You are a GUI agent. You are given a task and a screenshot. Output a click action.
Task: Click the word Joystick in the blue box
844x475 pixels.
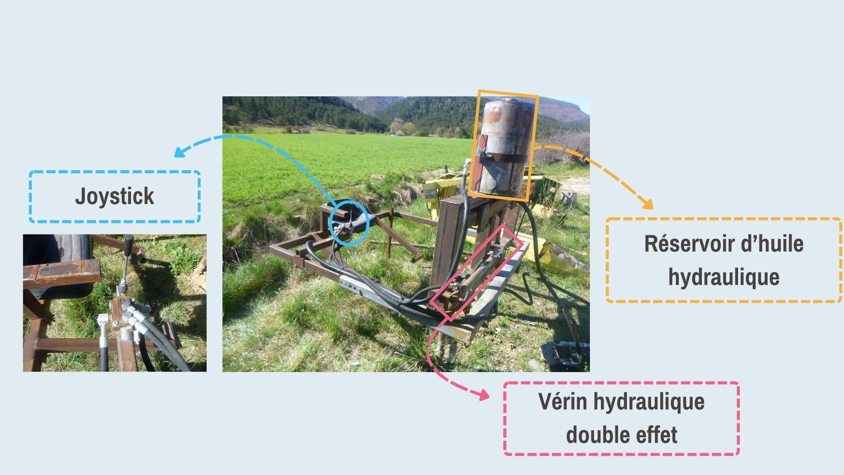point(114,196)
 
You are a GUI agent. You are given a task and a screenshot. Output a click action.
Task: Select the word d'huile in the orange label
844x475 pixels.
point(772,244)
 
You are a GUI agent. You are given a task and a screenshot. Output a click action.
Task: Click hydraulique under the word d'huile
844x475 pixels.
point(724,277)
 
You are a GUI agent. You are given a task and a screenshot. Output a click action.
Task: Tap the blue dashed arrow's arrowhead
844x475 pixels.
point(178,153)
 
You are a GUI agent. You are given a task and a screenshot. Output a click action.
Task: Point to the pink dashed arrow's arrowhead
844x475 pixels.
point(484,395)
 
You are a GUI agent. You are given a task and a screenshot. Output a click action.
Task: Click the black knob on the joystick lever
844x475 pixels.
point(129,241)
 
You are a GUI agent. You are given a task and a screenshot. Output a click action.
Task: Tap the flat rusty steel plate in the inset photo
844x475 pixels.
point(62,272)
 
